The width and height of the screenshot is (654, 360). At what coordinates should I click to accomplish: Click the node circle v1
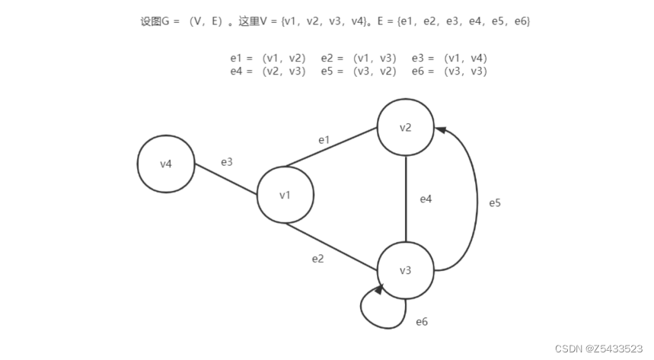(286, 195)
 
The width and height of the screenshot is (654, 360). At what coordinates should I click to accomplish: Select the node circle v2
(406, 127)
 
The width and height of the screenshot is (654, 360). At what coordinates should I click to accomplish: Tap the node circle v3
(406, 271)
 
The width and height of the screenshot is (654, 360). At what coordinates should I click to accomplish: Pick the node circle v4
(166, 164)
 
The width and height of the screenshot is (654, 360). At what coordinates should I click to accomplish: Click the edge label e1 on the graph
(324, 140)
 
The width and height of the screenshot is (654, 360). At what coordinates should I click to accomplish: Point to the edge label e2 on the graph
(318, 259)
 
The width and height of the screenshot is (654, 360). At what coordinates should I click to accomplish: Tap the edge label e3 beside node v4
(227, 162)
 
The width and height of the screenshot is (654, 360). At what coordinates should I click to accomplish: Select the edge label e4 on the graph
(426, 199)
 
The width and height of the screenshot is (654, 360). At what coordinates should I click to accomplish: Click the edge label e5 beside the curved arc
(495, 203)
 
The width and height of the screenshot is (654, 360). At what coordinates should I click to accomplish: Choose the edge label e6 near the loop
(422, 322)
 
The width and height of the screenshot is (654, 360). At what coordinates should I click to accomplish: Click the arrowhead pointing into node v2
(441, 131)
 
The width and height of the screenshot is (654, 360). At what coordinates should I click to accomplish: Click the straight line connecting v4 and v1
(226, 178)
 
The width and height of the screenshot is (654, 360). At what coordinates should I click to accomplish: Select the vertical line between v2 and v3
(405, 199)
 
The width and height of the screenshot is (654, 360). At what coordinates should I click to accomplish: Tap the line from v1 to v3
(331, 246)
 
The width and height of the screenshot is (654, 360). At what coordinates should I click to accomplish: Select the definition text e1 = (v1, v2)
(268, 58)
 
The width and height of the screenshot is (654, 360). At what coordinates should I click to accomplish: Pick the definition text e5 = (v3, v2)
(359, 72)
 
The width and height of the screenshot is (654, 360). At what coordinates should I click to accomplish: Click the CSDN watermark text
(598, 348)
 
